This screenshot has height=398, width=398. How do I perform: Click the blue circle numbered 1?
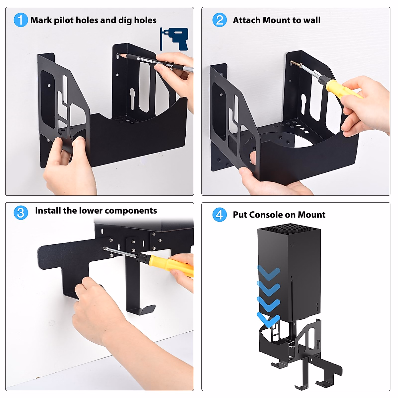point(21,20)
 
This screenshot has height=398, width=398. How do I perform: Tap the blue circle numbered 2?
point(220,20)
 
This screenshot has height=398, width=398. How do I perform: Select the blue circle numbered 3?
point(21,212)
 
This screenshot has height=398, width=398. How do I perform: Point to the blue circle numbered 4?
point(220,215)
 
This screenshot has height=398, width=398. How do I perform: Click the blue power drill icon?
point(175,39)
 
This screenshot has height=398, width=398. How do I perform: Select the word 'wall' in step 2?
point(312,20)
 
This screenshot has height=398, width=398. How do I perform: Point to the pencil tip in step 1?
point(120,56)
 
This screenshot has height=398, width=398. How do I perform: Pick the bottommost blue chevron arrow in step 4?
point(269,320)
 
